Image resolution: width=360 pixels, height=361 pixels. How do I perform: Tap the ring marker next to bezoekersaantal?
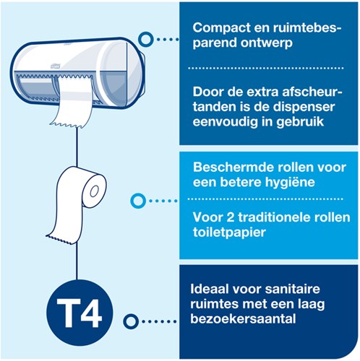point(132,320)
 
